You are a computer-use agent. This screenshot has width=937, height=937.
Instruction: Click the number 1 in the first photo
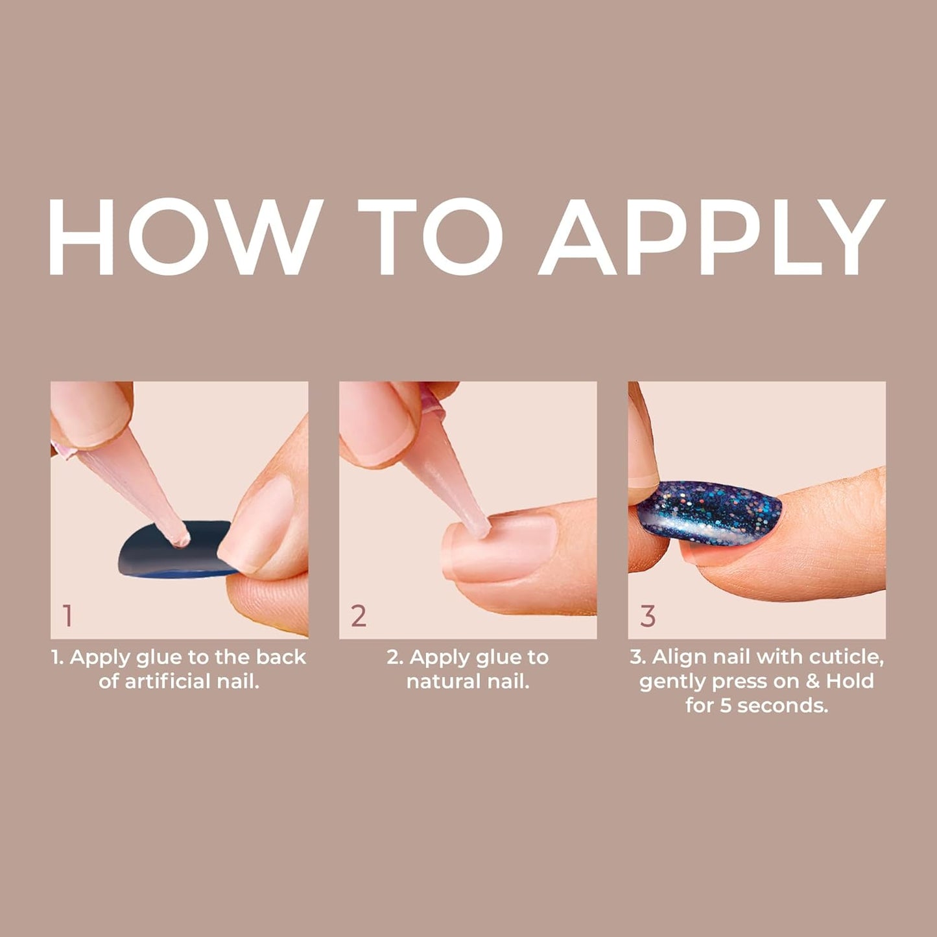(67, 615)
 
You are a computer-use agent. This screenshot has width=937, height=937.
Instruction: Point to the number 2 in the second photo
(359, 615)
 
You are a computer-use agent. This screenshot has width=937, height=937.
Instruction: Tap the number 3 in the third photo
(648, 615)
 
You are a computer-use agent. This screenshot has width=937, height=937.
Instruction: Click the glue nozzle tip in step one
(181, 538)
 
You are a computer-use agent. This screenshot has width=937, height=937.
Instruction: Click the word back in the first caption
(281, 657)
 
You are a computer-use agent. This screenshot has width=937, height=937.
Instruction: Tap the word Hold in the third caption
(849, 681)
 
